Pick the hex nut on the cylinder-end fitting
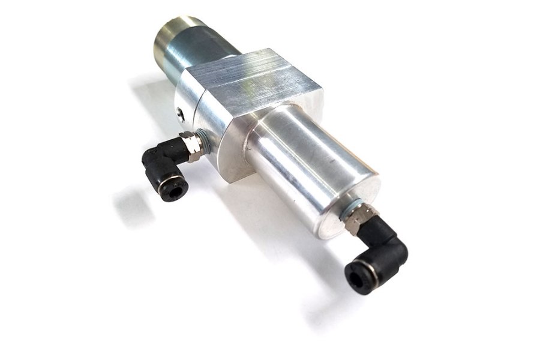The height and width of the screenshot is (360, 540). pyautogui.click(x=358, y=217)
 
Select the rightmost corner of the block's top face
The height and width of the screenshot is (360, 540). pyautogui.click(x=321, y=90)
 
